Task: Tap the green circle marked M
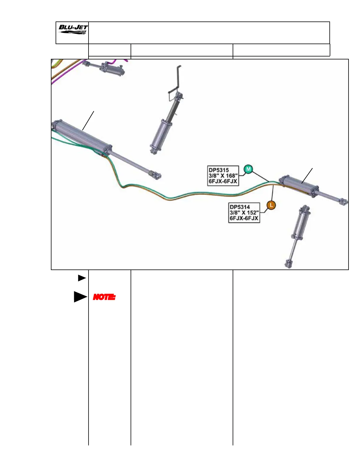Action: [249, 169]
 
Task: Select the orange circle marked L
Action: [271, 205]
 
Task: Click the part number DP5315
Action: [219, 170]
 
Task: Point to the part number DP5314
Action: [240, 207]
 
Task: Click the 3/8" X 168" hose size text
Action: [223, 176]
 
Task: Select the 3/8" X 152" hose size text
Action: [244, 213]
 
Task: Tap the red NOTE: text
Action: [104, 297]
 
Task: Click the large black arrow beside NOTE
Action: [80, 297]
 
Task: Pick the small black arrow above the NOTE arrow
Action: [82, 278]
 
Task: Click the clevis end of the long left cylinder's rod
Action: [156, 176]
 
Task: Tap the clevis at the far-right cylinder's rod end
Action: [343, 202]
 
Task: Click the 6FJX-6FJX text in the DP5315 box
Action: [223, 181]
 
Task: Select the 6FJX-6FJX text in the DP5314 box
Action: [244, 218]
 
